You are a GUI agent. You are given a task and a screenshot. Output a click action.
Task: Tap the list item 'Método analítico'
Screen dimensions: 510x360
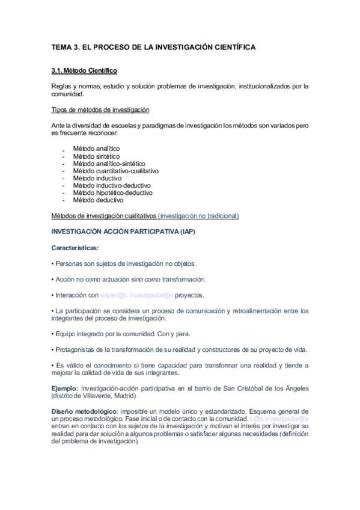coord(96,148)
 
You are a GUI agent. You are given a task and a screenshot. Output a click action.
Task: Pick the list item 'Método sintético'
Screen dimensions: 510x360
coord(96,156)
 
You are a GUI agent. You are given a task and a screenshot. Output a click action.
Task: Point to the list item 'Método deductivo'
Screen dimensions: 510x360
coord(98,200)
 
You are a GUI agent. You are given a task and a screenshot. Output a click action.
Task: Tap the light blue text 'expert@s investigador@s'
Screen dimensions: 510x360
coord(137,295)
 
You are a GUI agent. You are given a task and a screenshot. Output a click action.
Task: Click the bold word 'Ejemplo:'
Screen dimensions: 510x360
coord(64,388)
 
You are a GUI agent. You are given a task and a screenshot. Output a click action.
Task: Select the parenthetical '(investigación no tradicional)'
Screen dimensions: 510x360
coord(199,215)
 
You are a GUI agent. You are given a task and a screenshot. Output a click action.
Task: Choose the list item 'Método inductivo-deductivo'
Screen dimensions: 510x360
coord(111,186)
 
